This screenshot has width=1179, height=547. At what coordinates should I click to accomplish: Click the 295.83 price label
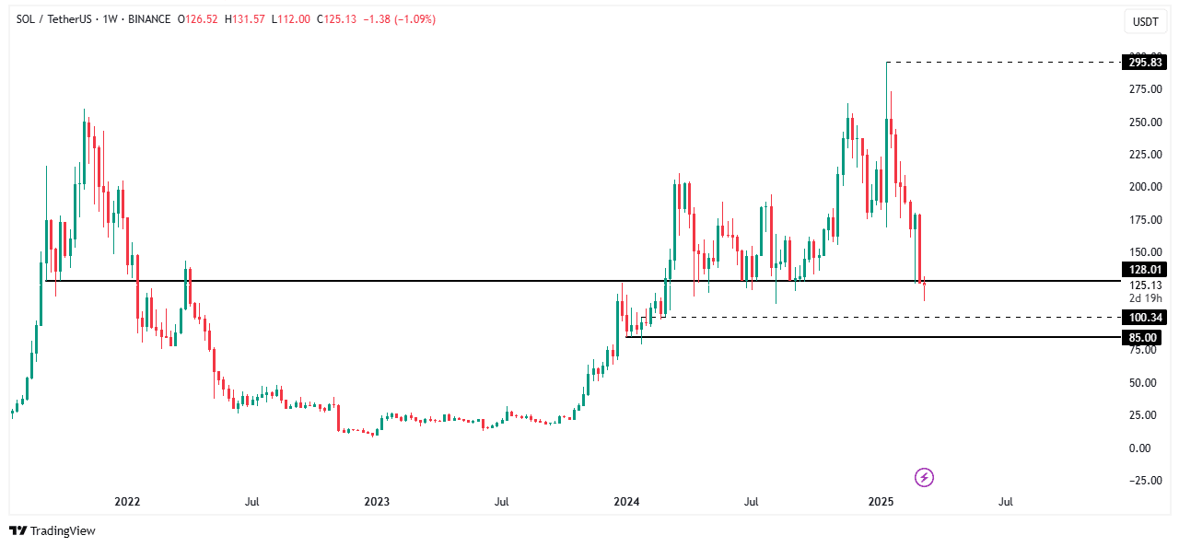[1142, 63]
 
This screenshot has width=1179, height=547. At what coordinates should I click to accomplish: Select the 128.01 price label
[1142, 270]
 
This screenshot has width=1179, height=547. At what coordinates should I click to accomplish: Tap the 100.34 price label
[1142, 318]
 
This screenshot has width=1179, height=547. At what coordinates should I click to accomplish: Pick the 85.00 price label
[1142, 338]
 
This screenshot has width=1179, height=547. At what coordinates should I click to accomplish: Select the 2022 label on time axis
[127, 502]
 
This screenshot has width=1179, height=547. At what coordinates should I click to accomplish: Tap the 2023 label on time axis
[377, 502]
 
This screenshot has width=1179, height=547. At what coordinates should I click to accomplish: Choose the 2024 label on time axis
[626, 502]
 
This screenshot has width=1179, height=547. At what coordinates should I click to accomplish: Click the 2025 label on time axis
[881, 502]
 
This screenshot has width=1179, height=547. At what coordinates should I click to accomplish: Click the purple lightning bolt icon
[925, 477]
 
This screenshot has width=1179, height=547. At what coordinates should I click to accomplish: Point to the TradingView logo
[53, 530]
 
